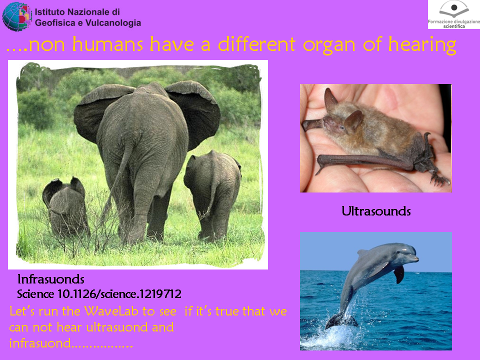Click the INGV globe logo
17,16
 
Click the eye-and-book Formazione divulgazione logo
453,14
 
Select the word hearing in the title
422,45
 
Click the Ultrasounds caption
376,211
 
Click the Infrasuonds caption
51,279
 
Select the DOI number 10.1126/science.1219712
119,294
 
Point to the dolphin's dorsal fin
363,253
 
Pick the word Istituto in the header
49,12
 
